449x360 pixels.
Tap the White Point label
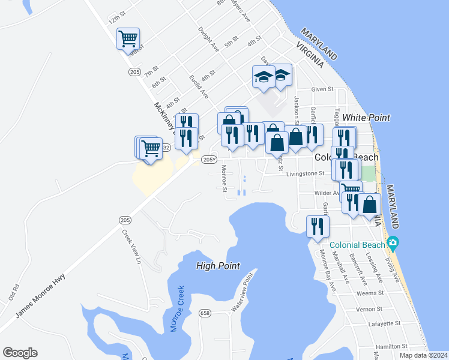[x=366, y=118]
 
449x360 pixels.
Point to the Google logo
[x=20, y=353]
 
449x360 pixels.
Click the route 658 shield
[x=205, y=313]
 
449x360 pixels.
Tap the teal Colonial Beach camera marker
[x=393, y=244]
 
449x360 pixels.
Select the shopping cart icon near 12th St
[x=128, y=39]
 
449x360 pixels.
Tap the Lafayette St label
[x=385, y=323]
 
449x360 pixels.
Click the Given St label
[x=322, y=89]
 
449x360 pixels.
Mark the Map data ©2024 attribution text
[x=423, y=355]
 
